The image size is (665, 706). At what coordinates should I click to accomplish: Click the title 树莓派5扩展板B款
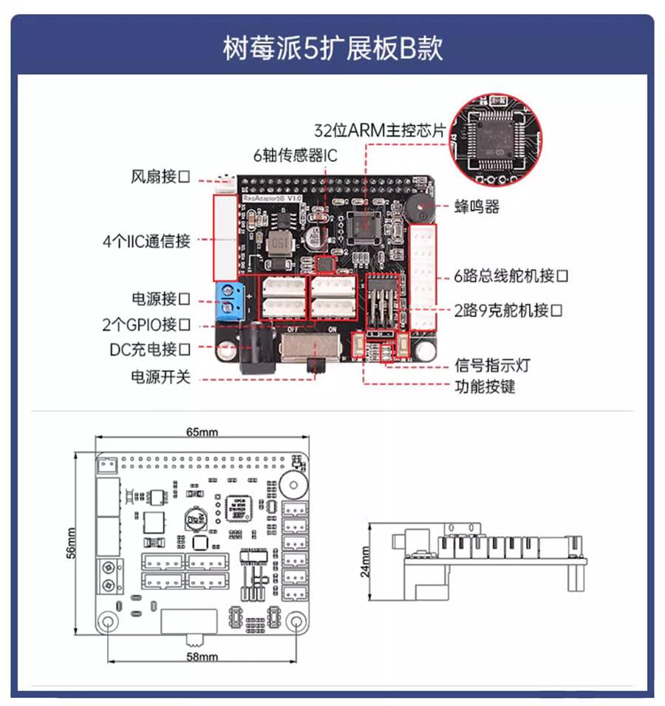tap(332, 48)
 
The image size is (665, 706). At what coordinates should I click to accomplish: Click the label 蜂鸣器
tap(477, 206)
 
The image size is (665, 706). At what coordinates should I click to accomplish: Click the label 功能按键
tap(485, 386)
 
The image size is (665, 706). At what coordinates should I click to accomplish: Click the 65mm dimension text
tap(201, 432)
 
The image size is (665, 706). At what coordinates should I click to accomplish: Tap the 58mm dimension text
tap(202, 656)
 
